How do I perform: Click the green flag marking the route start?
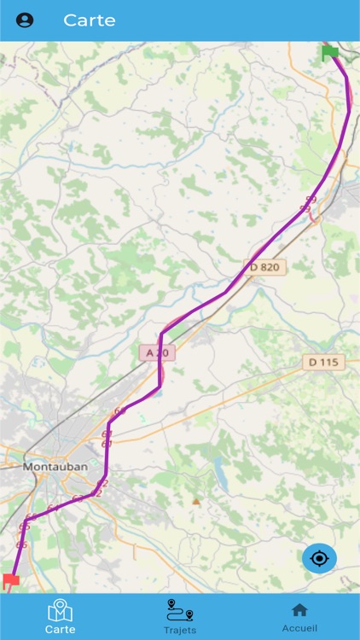pyautogui.click(x=330, y=52)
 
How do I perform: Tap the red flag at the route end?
pyautogui.click(x=10, y=581)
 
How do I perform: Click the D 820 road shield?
pyautogui.click(x=264, y=267)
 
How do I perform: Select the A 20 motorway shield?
pyautogui.click(x=157, y=352)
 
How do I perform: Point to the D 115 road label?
pyautogui.click(x=323, y=363)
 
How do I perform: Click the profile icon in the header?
pyautogui.click(x=25, y=20)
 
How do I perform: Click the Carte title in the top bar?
pyautogui.click(x=89, y=20)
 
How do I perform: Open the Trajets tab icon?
pyautogui.click(x=180, y=609)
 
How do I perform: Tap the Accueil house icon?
pyautogui.click(x=299, y=609)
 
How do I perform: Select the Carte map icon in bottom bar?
pyautogui.click(x=60, y=610)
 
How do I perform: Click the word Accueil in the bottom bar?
pyautogui.click(x=299, y=628)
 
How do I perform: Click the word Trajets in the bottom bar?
pyautogui.click(x=180, y=630)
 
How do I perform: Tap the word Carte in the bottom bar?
pyautogui.click(x=60, y=629)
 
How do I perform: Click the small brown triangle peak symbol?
pyautogui.click(x=196, y=501)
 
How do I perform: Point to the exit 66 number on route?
pyautogui.click(x=21, y=544)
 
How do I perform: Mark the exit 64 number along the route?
pyautogui.click(x=51, y=509)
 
